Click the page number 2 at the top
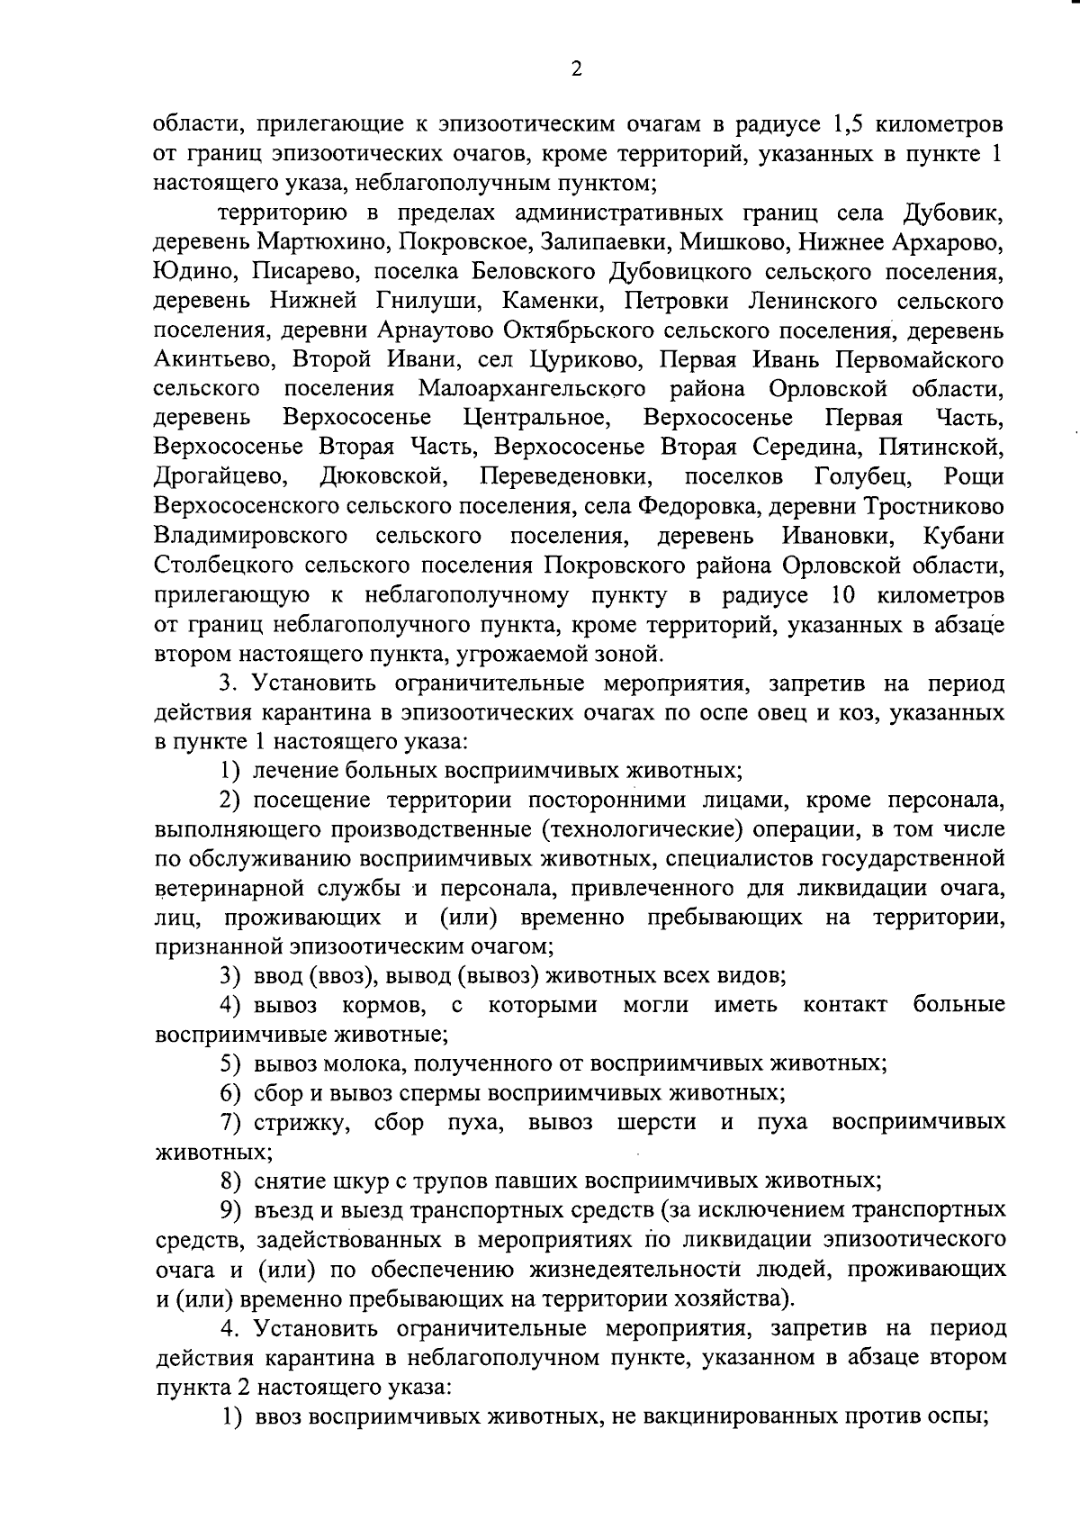pos(576,69)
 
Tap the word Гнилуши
pos(422,301)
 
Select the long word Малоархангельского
pos(532,388)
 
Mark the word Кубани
pos(964,536)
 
